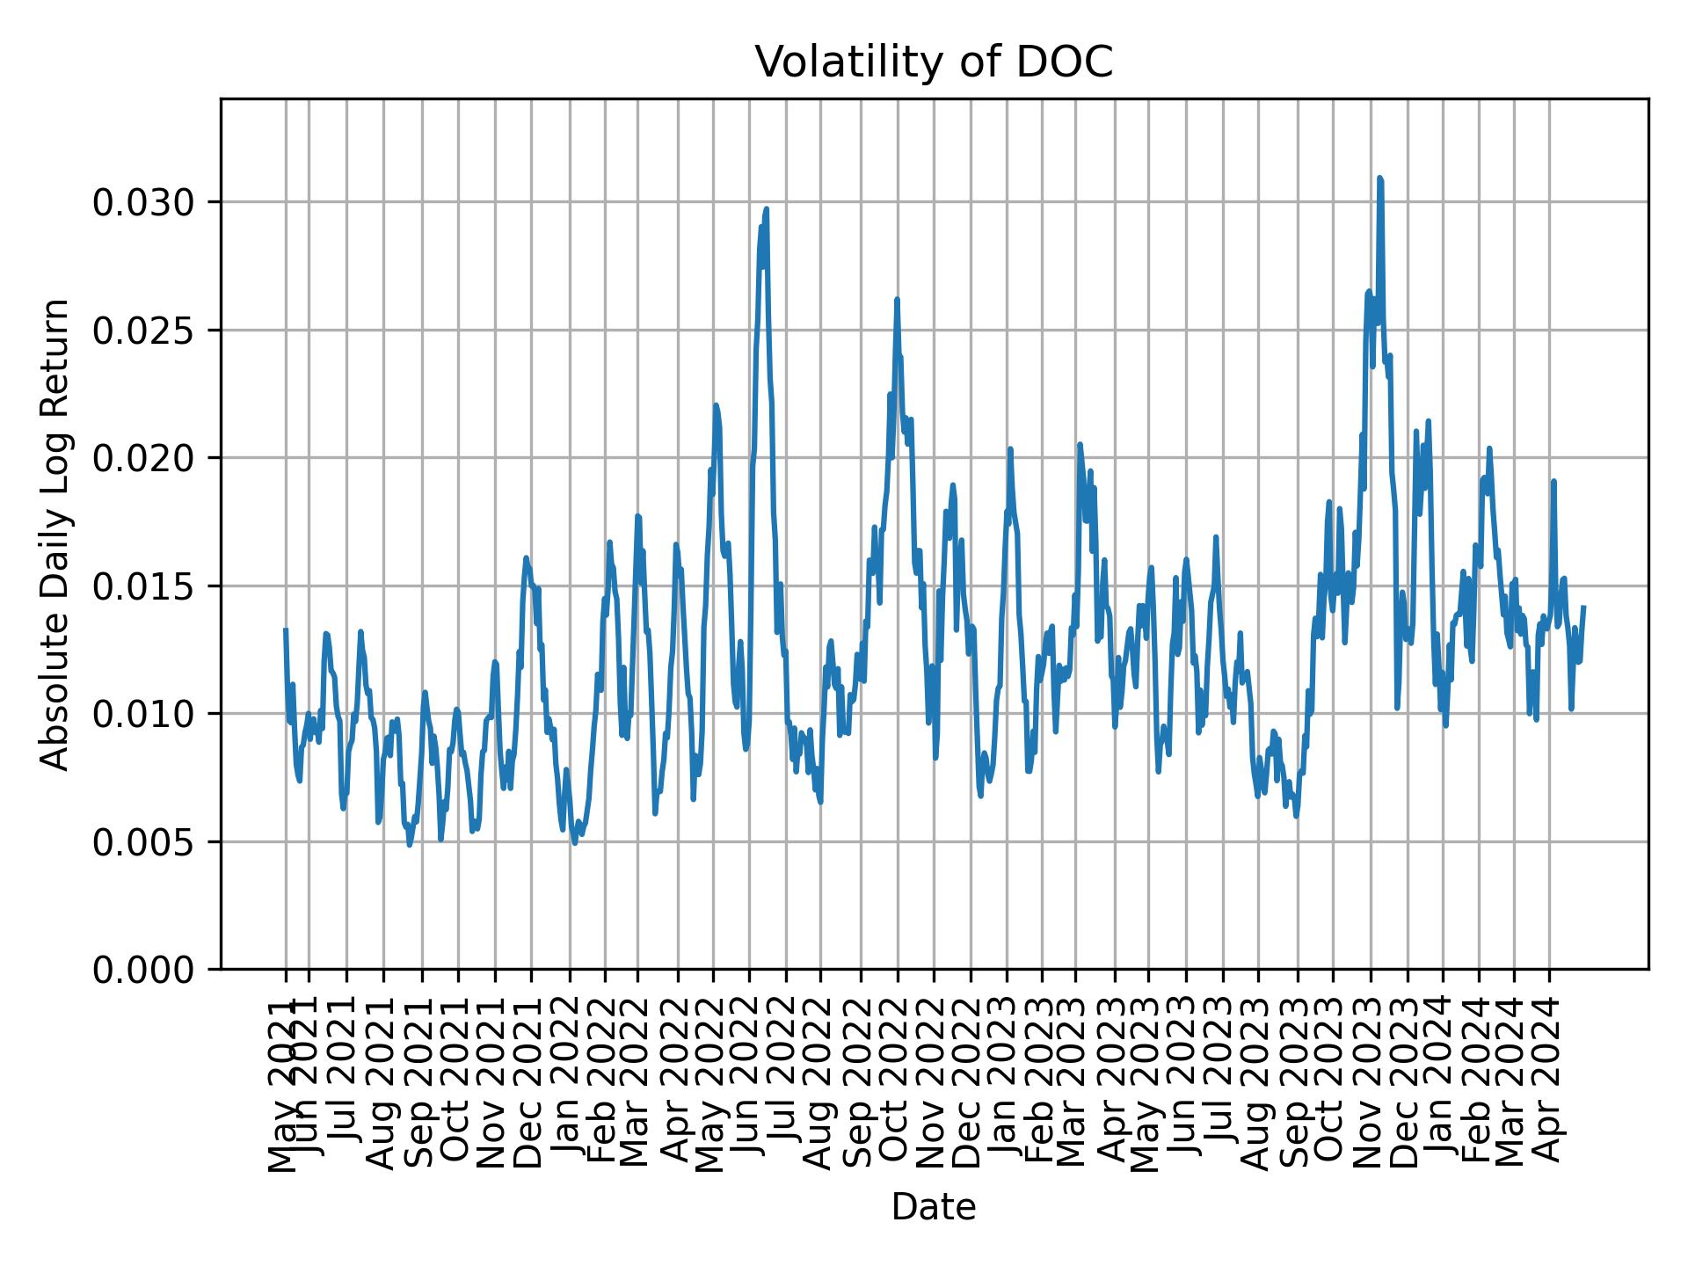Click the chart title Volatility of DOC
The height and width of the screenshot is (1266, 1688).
click(934, 62)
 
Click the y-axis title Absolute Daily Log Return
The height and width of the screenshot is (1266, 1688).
click(56, 535)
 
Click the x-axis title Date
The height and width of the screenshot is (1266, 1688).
click(934, 1207)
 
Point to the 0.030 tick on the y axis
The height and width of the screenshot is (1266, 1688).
click(142, 203)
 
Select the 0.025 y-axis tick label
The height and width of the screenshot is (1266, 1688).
click(142, 331)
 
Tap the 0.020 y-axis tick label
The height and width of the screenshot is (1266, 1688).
click(142, 458)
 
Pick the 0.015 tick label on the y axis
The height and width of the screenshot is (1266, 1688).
click(142, 586)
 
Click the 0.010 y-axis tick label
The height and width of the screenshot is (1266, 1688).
click(142, 714)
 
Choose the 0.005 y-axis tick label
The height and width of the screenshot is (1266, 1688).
click(142, 841)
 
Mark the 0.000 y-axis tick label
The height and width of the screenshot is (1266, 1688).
click(142, 969)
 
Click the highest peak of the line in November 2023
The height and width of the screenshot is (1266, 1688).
click(1380, 178)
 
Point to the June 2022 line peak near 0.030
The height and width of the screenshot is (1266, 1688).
click(767, 209)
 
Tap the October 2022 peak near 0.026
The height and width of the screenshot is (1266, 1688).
click(897, 300)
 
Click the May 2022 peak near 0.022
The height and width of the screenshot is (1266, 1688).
click(716, 405)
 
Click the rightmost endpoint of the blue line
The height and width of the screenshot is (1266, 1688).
click(1583, 607)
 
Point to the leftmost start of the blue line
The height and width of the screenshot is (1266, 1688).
click(286, 629)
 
